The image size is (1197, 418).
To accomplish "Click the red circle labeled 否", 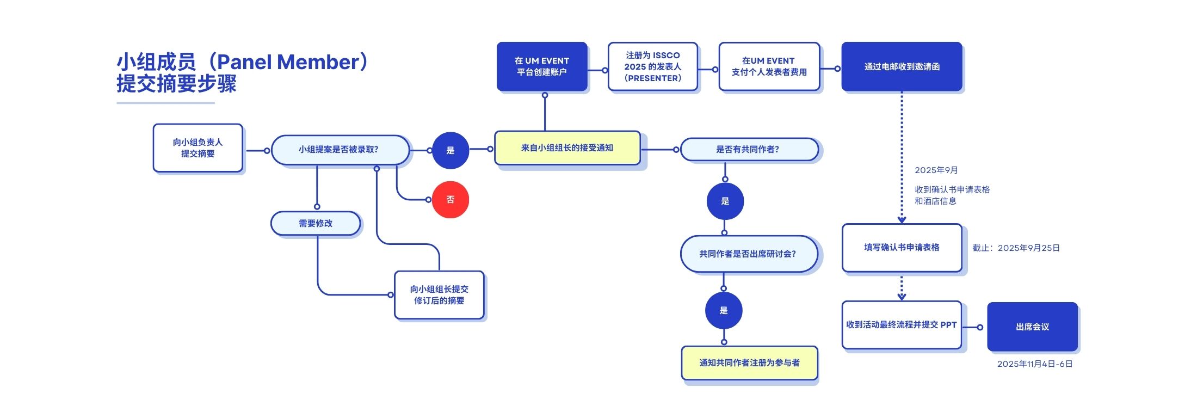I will pos(450,200).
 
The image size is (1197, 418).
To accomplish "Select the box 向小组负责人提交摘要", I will pos(198,148).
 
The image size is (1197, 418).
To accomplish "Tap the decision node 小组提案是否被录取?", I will pos(340,150).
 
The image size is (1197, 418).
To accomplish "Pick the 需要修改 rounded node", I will pos(316,224).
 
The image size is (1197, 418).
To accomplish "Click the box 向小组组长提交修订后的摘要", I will pos(439,295).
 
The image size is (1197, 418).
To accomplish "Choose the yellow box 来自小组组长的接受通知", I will pos(567,148).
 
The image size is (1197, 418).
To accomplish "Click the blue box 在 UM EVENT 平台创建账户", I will pos(542,66).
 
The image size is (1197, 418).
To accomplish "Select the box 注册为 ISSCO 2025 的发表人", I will pos(652,66).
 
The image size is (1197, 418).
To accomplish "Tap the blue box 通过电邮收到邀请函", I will pos(902,66).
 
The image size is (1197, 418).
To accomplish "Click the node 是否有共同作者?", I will pos(749,150).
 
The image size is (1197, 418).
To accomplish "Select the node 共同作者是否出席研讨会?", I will pos(748,254).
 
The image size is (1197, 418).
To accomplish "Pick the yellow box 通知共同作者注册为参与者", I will pos(749,363).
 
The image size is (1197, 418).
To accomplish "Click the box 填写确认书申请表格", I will pos(902,248).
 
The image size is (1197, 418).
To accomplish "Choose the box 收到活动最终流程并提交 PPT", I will pos(901,325).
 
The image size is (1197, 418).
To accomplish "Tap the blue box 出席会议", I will pos(1032,327).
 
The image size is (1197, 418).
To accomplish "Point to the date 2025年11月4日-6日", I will pos(1034,364).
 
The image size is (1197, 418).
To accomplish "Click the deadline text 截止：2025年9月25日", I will pos(1016,248).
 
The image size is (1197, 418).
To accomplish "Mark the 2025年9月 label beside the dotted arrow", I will pos(936,170).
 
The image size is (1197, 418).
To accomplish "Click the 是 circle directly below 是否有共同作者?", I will pos(725,201).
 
